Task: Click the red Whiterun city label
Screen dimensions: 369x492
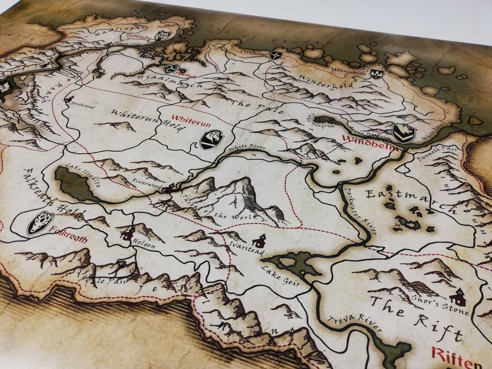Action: (191, 120)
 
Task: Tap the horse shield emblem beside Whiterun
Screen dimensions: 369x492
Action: (211, 139)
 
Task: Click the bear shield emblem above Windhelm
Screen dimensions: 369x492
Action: (403, 133)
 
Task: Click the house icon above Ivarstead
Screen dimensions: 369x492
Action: (259, 241)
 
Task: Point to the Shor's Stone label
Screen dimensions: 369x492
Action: (446, 307)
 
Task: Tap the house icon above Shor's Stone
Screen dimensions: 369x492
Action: (457, 297)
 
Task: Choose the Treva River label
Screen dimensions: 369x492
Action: (354, 325)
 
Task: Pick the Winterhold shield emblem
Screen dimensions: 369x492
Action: (377, 73)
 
